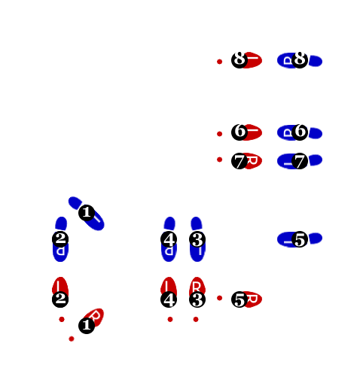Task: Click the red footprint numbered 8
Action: click(x=252, y=59)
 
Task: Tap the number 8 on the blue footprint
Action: click(x=300, y=58)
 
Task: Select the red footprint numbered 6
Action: click(x=252, y=132)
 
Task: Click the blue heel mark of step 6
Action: click(x=316, y=133)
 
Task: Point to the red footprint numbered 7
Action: click(x=252, y=161)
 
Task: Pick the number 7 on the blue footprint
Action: click(x=299, y=161)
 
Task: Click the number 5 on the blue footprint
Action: click(x=300, y=240)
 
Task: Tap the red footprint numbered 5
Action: click(x=252, y=299)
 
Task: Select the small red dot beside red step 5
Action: click(x=220, y=298)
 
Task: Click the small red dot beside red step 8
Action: click(x=220, y=62)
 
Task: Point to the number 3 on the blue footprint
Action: click(x=197, y=240)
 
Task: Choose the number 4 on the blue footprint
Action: click(x=169, y=240)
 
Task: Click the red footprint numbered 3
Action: click(x=197, y=287)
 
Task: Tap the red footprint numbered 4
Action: click(x=168, y=287)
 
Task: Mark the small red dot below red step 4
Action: click(x=170, y=319)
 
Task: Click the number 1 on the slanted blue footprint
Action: click(x=87, y=212)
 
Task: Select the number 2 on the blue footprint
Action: click(x=60, y=238)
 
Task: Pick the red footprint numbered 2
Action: click(x=60, y=287)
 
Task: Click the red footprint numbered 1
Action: click(x=95, y=316)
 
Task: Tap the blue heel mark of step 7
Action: click(x=316, y=160)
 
